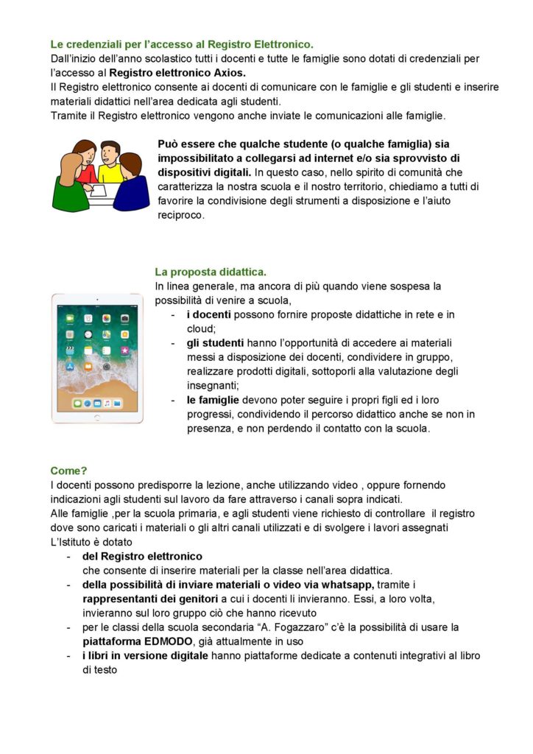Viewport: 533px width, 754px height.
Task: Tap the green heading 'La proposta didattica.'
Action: [x=211, y=272]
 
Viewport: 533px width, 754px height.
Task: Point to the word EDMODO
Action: [x=166, y=641]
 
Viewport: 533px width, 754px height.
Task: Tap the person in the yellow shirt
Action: [x=109, y=163]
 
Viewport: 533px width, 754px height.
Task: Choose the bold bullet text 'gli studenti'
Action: [x=215, y=343]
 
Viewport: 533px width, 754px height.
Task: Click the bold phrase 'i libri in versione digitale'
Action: [x=145, y=655]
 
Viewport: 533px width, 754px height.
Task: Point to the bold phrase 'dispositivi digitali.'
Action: [x=204, y=173]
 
